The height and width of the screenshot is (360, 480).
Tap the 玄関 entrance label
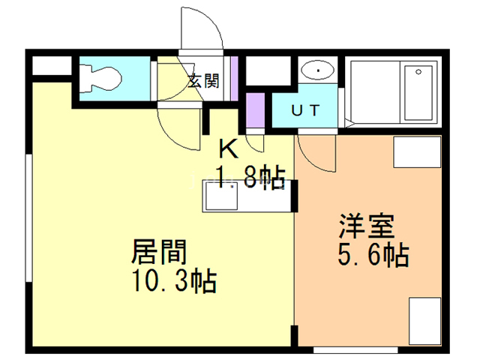(x=203, y=80)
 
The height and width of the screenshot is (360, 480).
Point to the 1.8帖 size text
(x=250, y=177)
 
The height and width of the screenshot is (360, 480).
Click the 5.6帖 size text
(x=373, y=256)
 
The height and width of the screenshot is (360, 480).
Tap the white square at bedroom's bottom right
(x=424, y=321)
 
